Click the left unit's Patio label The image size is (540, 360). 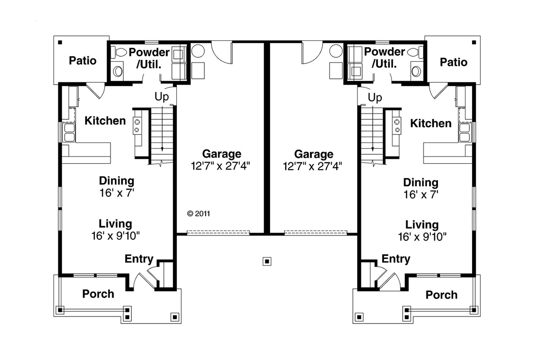pos(83,60)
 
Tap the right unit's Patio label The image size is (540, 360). pos(454,62)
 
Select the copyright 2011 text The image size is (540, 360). pos(198,214)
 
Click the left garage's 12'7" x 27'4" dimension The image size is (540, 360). pos(220,166)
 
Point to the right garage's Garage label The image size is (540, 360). pos(314,154)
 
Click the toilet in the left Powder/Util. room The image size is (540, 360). pos(119,52)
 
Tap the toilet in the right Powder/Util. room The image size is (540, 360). pos(415,52)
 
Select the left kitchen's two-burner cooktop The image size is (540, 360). pos(137,126)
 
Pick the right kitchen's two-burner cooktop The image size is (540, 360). pos(397,126)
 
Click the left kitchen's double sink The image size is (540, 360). pos(69,132)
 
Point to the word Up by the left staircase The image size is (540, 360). pos(162,97)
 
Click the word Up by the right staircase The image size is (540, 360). pos(375,98)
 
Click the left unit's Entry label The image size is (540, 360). pos(139,259)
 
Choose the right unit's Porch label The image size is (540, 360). pos(441,295)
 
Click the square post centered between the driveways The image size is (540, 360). pos(267,261)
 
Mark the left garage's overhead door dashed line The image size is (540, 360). pos(218,233)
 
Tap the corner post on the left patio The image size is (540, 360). pos(60,42)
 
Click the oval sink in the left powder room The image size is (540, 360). pos(118,72)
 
